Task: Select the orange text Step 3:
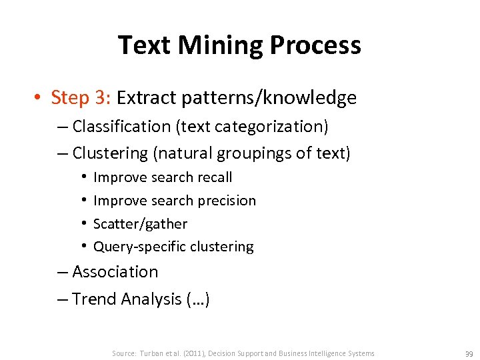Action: [x=81, y=98]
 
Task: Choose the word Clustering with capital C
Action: [x=110, y=153]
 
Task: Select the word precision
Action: [x=227, y=201]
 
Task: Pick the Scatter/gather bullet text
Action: [x=140, y=224]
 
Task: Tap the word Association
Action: [x=115, y=272]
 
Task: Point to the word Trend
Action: [x=94, y=299]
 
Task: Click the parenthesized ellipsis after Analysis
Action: [x=199, y=299]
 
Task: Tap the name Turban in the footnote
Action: [x=151, y=353]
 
